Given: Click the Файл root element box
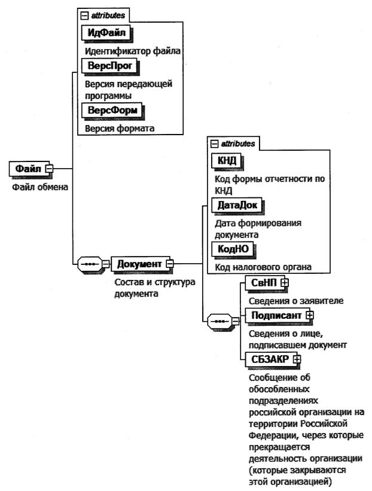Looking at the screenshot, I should coord(28,169).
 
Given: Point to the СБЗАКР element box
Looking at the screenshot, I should coord(267,359).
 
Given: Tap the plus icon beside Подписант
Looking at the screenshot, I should coord(310,314).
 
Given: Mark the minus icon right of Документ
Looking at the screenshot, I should coord(169,263).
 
